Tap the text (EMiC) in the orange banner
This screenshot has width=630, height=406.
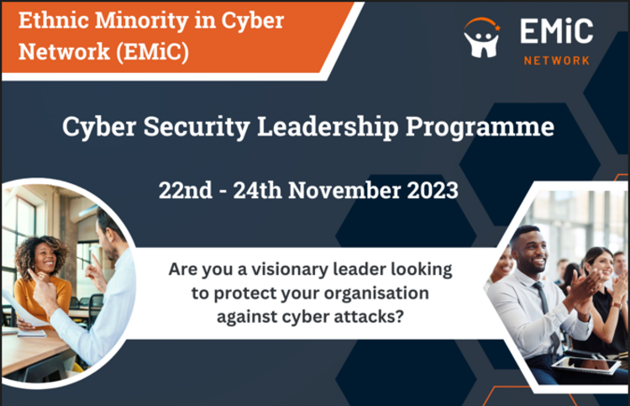(152, 52)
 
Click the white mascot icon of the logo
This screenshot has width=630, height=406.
(482, 41)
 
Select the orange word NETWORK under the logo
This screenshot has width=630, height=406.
(557, 61)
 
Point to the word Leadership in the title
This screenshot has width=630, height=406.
(328, 127)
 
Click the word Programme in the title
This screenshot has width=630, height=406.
(480, 128)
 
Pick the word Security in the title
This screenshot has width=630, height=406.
(197, 128)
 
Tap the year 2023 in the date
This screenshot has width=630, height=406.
(433, 190)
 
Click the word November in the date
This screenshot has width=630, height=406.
(344, 190)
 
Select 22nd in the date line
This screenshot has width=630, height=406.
(186, 190)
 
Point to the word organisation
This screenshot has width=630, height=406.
(376, 293)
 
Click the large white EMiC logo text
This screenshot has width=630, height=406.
(557, 31)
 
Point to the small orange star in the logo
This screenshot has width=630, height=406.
(497, 28)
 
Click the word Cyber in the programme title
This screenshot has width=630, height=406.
(99, 128)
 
